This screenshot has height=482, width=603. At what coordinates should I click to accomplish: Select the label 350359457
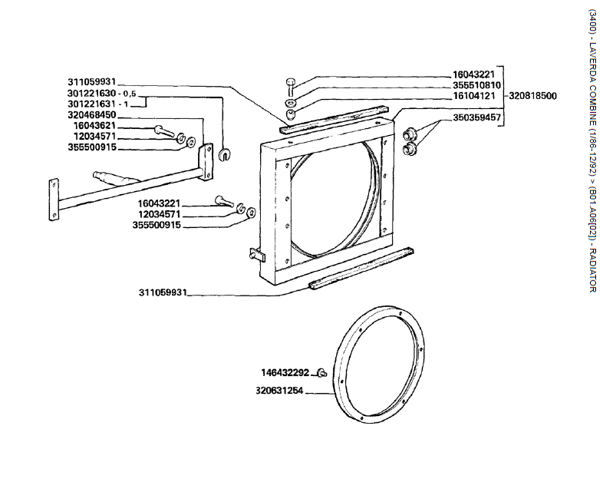[x=476, y=118]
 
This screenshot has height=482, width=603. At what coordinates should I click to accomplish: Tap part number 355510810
[x=476, y=85]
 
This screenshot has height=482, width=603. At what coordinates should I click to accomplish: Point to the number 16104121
[x=476, y=96]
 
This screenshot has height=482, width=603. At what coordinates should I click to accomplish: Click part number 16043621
[x=94, y=125]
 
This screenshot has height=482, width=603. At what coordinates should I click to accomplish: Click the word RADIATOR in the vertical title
[x=591, y=269]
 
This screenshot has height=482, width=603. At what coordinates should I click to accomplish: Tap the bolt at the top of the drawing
[x=292, y=84]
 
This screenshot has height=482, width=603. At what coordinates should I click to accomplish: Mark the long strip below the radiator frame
[x=361, y=269]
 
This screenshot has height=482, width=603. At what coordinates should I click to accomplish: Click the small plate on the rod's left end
[x=54, y=197]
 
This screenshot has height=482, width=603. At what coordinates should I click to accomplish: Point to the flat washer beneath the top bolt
[x=292, y=102]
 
